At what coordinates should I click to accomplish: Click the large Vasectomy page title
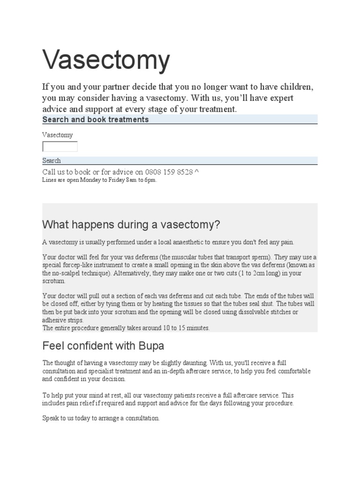(x=106, y=60)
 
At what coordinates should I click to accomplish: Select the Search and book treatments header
(x=96, y=120)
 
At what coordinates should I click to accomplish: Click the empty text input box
(x=60, y=147)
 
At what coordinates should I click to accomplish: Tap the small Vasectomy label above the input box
(x=58, y=135)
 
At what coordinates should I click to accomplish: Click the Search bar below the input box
(x=52, y=160)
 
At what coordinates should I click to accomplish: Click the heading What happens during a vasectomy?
(x=131, y=225)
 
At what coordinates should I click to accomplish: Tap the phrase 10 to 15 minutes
(x=186, y=328)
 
